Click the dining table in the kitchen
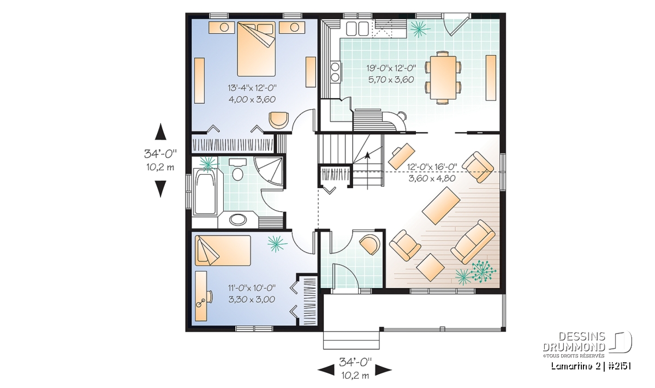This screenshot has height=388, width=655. [x=443, y=77]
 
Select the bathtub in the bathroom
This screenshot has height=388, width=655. [x=205, y=193]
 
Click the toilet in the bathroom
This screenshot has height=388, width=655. [x=238, y=170]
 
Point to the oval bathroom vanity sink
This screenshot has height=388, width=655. [x=238, y=219]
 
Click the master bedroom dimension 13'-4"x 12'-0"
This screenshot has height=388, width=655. [x=252, y=88]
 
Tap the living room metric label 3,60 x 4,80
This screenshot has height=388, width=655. [x=432, y=178]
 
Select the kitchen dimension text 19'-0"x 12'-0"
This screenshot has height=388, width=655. [x=391, y=68]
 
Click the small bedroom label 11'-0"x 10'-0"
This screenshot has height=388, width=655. [x=252, y=288]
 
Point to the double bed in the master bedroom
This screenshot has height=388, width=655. [x=256, y=49]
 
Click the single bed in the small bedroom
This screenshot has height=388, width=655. [x=223, y=250]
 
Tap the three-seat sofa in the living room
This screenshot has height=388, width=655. [x=473, y=242]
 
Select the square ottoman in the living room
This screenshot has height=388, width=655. [x=431, y=267]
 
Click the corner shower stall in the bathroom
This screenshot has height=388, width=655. [x=269, y=171]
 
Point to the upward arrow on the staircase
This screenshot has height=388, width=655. [x=367, y=171]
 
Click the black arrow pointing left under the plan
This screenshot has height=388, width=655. [x=326, y=370]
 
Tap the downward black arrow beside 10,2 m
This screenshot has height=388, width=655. [x=160, y=189]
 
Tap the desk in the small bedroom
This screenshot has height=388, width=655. [x=201, y=296]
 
